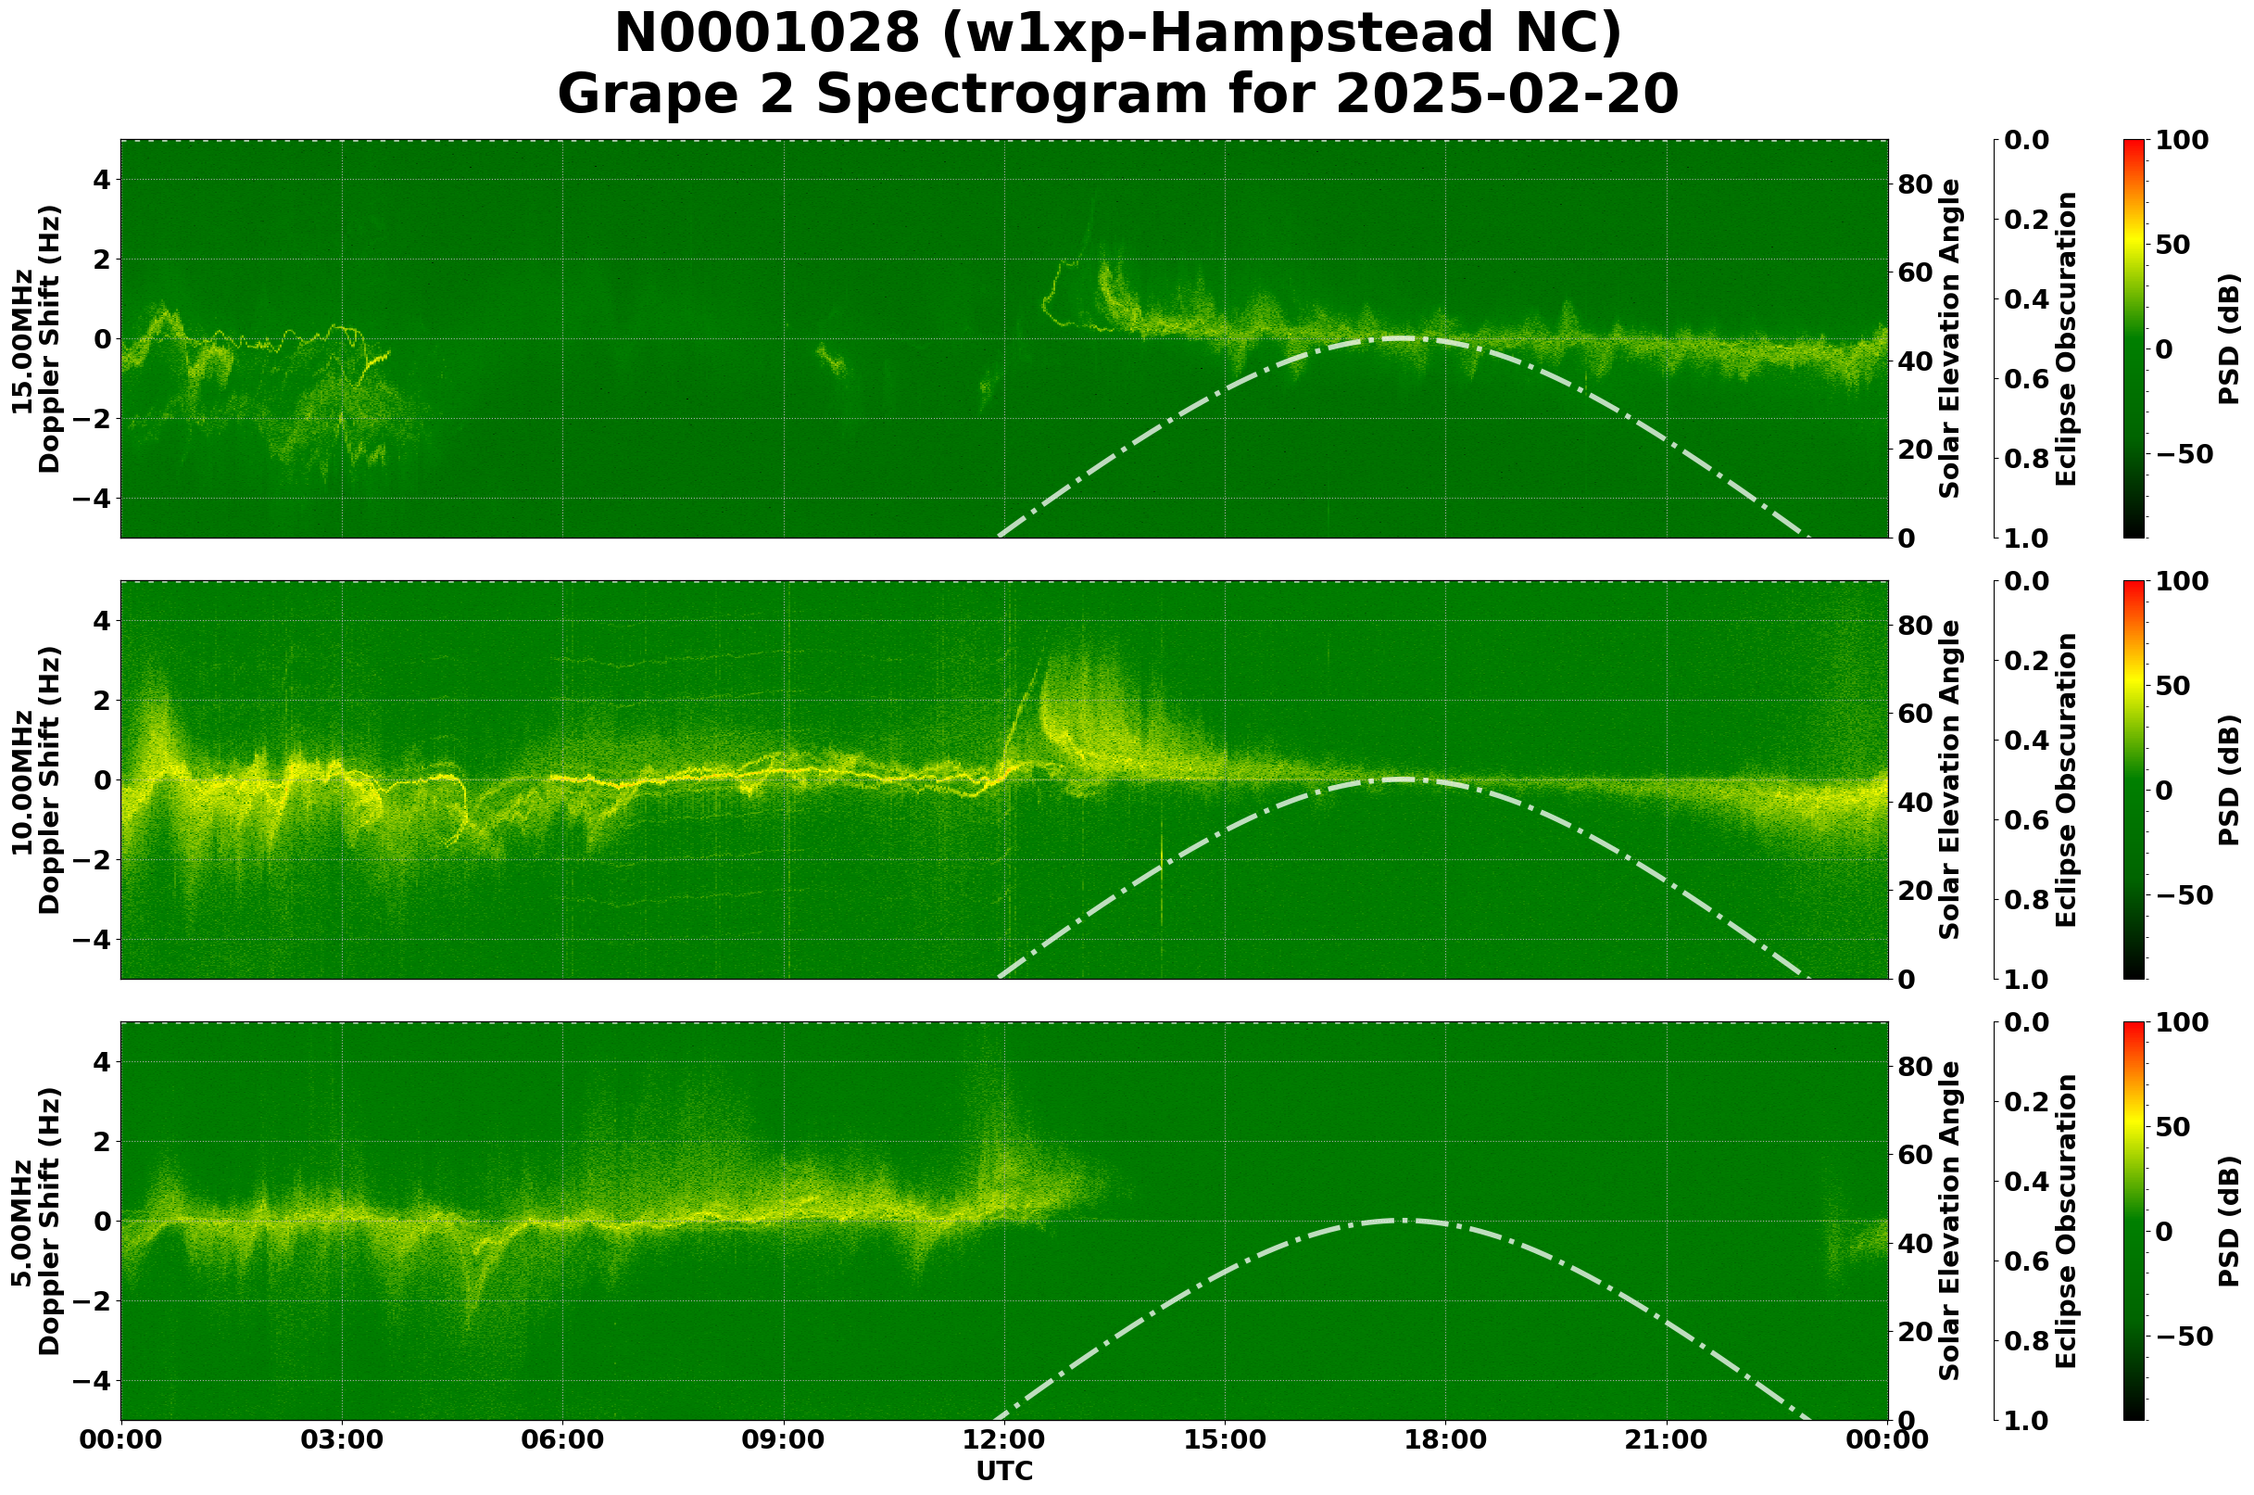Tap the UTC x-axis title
pos(1004,1471)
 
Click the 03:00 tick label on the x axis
pos(342,1439)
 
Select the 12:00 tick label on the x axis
pos(1004,1439)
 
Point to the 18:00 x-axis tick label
pos(1446,1439)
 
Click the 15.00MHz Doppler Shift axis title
pos(36,338)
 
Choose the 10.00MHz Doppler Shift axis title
pos(36,779)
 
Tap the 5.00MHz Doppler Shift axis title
pos(36,1221)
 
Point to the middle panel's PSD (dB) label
pos(2229,779)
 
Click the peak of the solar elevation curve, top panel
pos(1399,338)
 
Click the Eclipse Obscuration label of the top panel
pos(2066,338)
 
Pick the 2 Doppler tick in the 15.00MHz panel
pos(101,260)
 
